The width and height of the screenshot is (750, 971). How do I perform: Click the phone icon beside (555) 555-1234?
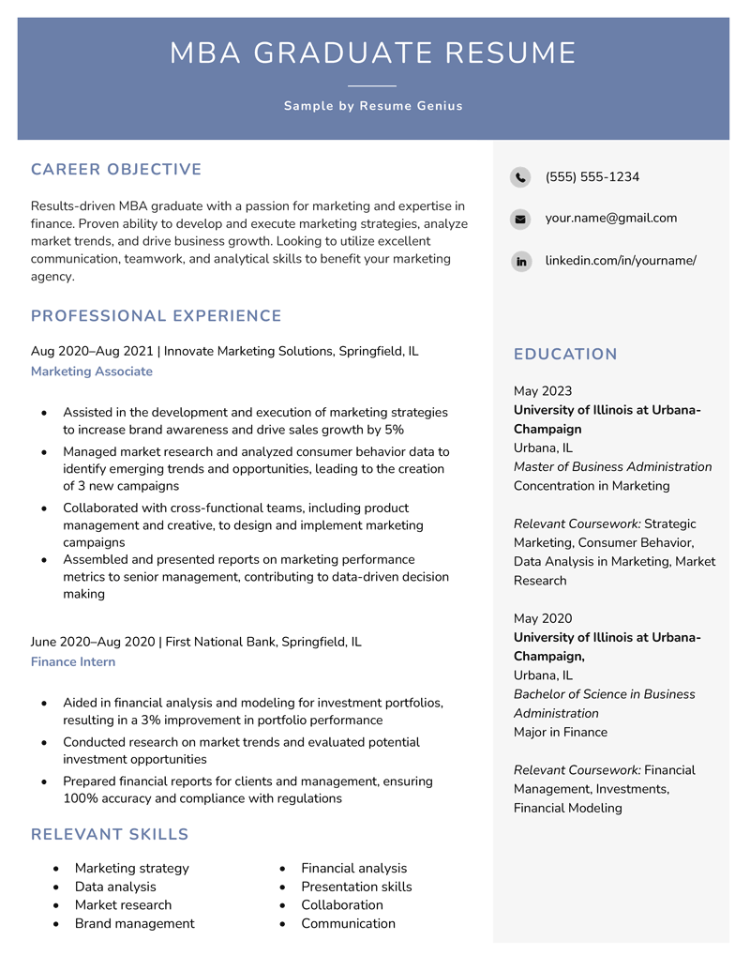(520, 177)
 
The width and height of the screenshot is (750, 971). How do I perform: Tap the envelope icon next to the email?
(520, 220)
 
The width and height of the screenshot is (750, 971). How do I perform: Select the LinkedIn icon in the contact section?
(520, 262)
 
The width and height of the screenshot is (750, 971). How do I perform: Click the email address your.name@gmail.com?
(610, 219)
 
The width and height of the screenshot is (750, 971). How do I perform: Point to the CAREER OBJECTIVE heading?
(116, 170)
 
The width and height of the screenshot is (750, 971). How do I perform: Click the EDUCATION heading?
(565, 355)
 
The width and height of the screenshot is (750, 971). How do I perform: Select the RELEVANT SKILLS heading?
(110, 835)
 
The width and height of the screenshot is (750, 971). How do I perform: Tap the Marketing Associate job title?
(92, 372)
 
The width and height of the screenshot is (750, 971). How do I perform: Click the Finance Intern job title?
(73, 662)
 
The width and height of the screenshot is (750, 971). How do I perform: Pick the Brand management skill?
(135, 924)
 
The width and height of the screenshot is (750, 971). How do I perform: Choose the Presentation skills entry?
(356, 887)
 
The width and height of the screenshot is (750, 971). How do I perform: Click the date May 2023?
(543, 391)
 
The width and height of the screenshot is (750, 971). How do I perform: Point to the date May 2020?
(543, 619)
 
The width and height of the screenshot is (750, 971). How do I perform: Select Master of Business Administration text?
(612, 467)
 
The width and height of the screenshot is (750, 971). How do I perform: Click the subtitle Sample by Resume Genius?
(373, 106)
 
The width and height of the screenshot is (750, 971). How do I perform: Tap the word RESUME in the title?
(510, 53)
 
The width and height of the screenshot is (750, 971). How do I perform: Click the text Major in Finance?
(561, 733)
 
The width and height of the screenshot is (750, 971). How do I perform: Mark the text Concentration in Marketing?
(592, 486)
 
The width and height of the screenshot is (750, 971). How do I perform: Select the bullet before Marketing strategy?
(57, 869)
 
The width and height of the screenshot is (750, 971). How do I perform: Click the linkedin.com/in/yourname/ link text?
(621, 261)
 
